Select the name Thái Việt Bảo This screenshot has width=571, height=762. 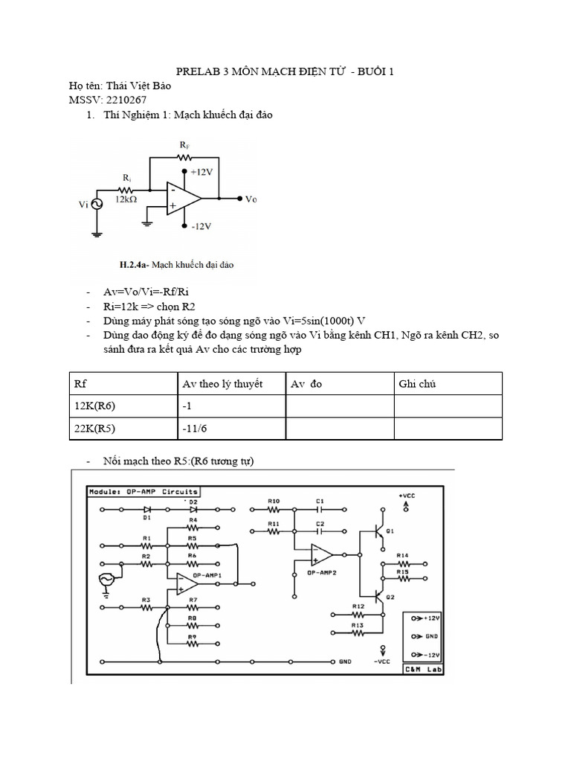[138, 86]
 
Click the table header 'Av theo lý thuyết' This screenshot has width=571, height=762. [222, 384]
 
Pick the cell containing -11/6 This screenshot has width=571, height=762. [195, 429]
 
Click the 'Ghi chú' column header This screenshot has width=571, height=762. [417, 384]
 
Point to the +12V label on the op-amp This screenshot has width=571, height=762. [202, 171]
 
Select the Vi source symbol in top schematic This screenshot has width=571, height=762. [97, 203]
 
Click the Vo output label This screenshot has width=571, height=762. [251, 199]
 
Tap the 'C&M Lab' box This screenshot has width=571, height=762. [422, 669]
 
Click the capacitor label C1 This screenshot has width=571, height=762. [320, 501]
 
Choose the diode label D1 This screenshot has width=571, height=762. [147, 516]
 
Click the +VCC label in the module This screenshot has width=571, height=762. [407, 495]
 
